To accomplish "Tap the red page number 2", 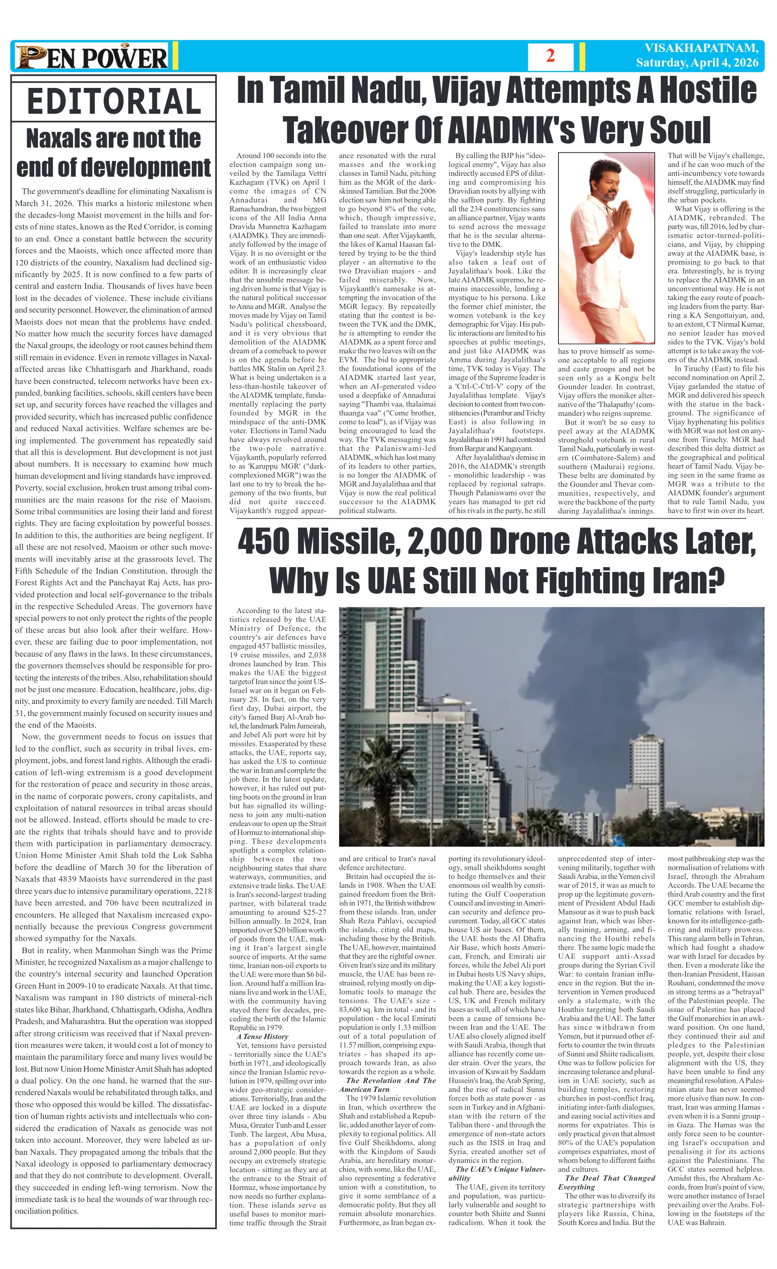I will (550, 56).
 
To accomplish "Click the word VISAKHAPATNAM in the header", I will (701, 48).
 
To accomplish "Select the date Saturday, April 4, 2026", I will (697, 63).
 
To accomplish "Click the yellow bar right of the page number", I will (582, 56).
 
